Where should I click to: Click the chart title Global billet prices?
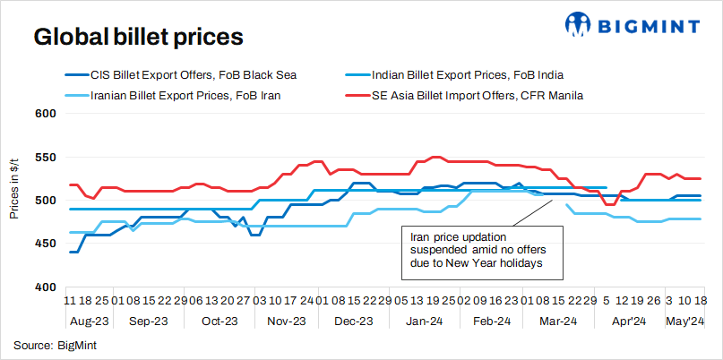click(138, 38)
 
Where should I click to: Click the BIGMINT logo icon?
click(577, 25)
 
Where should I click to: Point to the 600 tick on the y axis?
click(47, 114)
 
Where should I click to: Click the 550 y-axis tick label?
click(47, 157)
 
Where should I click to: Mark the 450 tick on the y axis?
click(47, 244)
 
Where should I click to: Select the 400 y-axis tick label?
click(47, 287)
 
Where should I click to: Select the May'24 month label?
click(684, 321)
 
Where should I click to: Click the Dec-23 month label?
click(353, 321)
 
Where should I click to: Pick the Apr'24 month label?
click(628, 321)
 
